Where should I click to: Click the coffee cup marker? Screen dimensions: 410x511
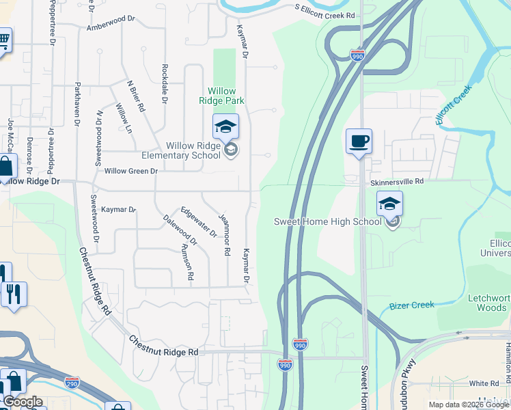coord(359,141)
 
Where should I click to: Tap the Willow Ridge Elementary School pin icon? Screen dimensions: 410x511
coord(225,127)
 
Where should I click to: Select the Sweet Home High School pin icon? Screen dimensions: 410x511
coord(389,203)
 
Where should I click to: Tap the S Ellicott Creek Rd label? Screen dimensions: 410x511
coord(325,11)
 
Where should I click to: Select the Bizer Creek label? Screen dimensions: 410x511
coord(411,305)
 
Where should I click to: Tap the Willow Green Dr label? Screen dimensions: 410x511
coord(131,171)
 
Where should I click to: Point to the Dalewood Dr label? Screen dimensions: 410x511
coord(180,230)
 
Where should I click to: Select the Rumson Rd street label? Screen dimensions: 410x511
coord(190,262)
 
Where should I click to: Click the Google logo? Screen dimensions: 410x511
coord(22,402)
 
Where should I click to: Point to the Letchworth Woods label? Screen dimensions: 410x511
coord(488,303)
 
